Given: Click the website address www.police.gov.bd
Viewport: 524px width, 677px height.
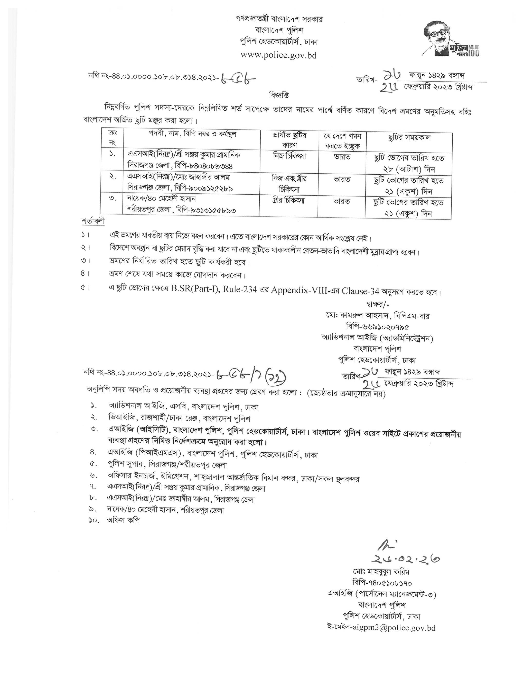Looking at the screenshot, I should pyautogui.click(x=279, y=55).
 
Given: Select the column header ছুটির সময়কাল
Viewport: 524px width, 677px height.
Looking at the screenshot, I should pyautogui.click(x=409, y=138).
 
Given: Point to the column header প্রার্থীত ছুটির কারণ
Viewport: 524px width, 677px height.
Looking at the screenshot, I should pyautogui.click(x=289, y=141).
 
